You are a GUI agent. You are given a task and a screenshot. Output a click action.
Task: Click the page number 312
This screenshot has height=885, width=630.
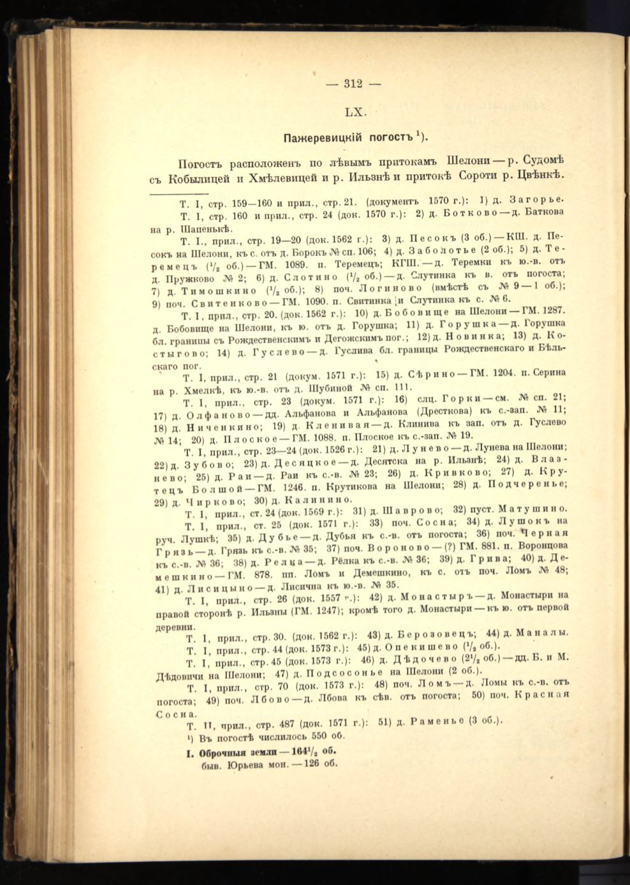[353, 82]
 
